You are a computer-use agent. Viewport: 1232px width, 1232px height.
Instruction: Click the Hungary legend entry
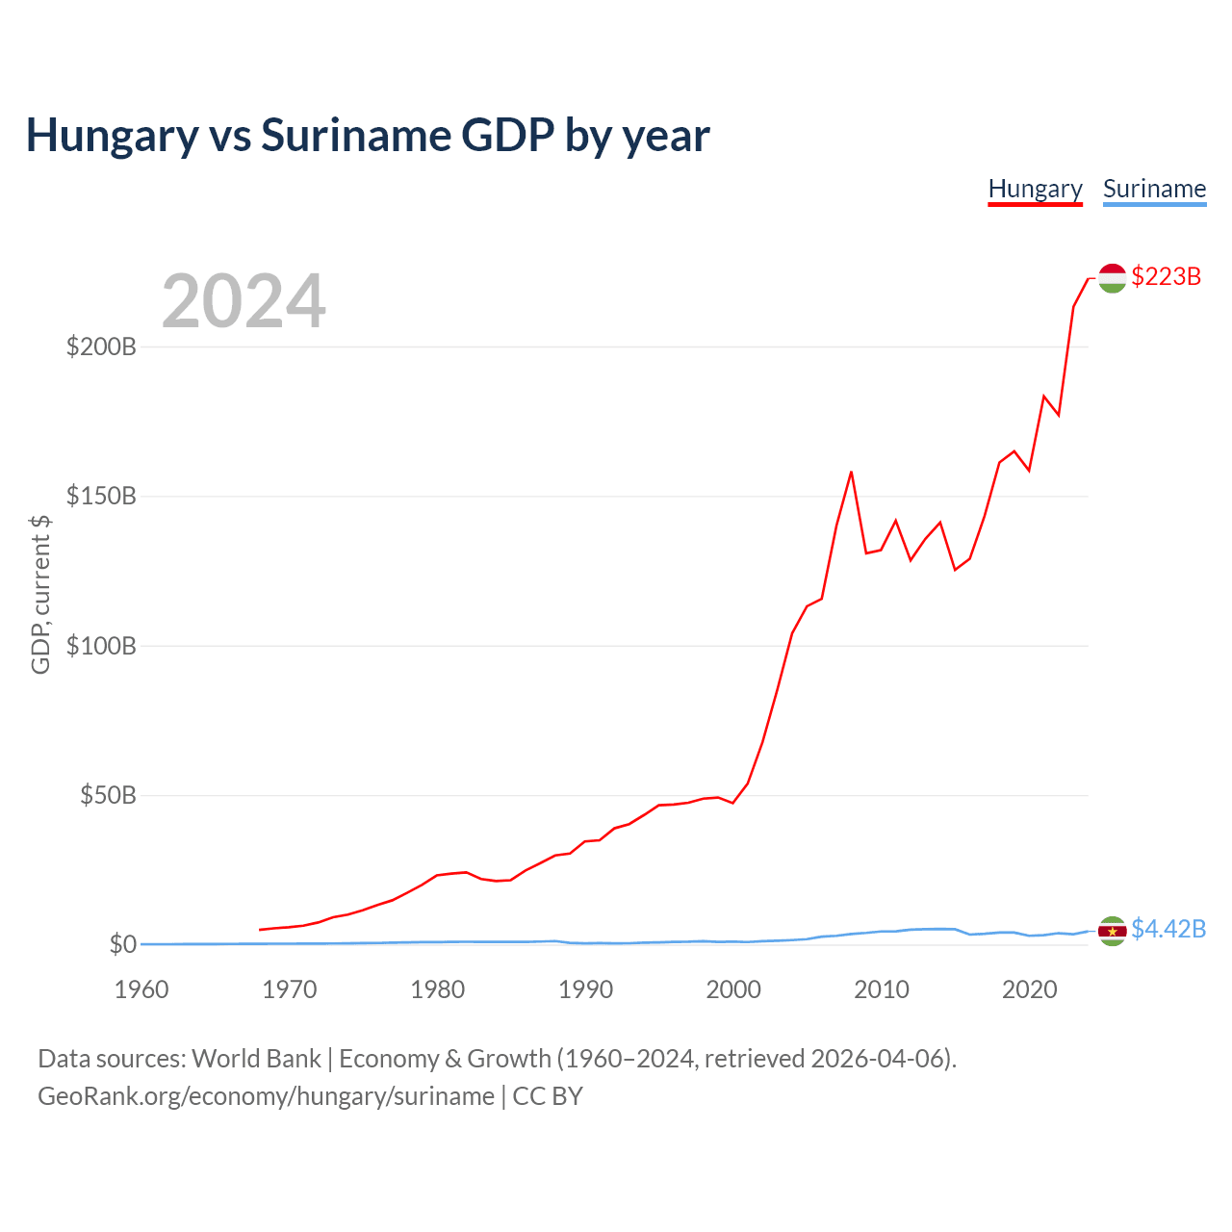[1035, 190]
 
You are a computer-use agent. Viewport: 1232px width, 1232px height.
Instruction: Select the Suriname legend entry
[1155, 190]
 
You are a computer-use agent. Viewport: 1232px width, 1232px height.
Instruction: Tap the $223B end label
[1167, 276]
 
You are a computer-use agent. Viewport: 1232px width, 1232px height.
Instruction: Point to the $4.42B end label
[1168, 928]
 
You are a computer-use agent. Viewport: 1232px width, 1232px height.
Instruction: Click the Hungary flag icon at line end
[1113, 278]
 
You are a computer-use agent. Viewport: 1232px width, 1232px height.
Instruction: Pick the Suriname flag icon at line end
[1113, 931]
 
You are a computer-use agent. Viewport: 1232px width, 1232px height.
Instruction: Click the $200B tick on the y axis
[102, 346]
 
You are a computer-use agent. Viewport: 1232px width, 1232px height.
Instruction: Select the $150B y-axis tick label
[102, 496]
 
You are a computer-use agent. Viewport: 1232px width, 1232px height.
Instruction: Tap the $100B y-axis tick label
[102, 646]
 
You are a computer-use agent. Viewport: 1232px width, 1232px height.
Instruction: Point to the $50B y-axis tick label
[108, 795]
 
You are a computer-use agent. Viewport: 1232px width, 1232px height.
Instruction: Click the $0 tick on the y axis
[123, 944]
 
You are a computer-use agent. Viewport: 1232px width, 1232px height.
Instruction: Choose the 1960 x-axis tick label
[141, 989]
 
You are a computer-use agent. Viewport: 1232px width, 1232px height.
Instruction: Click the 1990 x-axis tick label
[585, 989]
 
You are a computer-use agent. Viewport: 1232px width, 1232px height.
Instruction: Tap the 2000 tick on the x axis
[733, 989]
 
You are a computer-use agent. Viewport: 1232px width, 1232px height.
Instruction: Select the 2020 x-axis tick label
[1029, 989]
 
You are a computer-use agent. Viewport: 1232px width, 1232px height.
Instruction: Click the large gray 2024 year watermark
[244, 300]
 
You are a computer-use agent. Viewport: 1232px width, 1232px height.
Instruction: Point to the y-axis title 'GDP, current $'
[40, 595]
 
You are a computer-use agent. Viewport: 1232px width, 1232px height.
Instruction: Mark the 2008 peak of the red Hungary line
[851, 473]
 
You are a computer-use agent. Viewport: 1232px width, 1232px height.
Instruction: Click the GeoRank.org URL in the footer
[266, 1096]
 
